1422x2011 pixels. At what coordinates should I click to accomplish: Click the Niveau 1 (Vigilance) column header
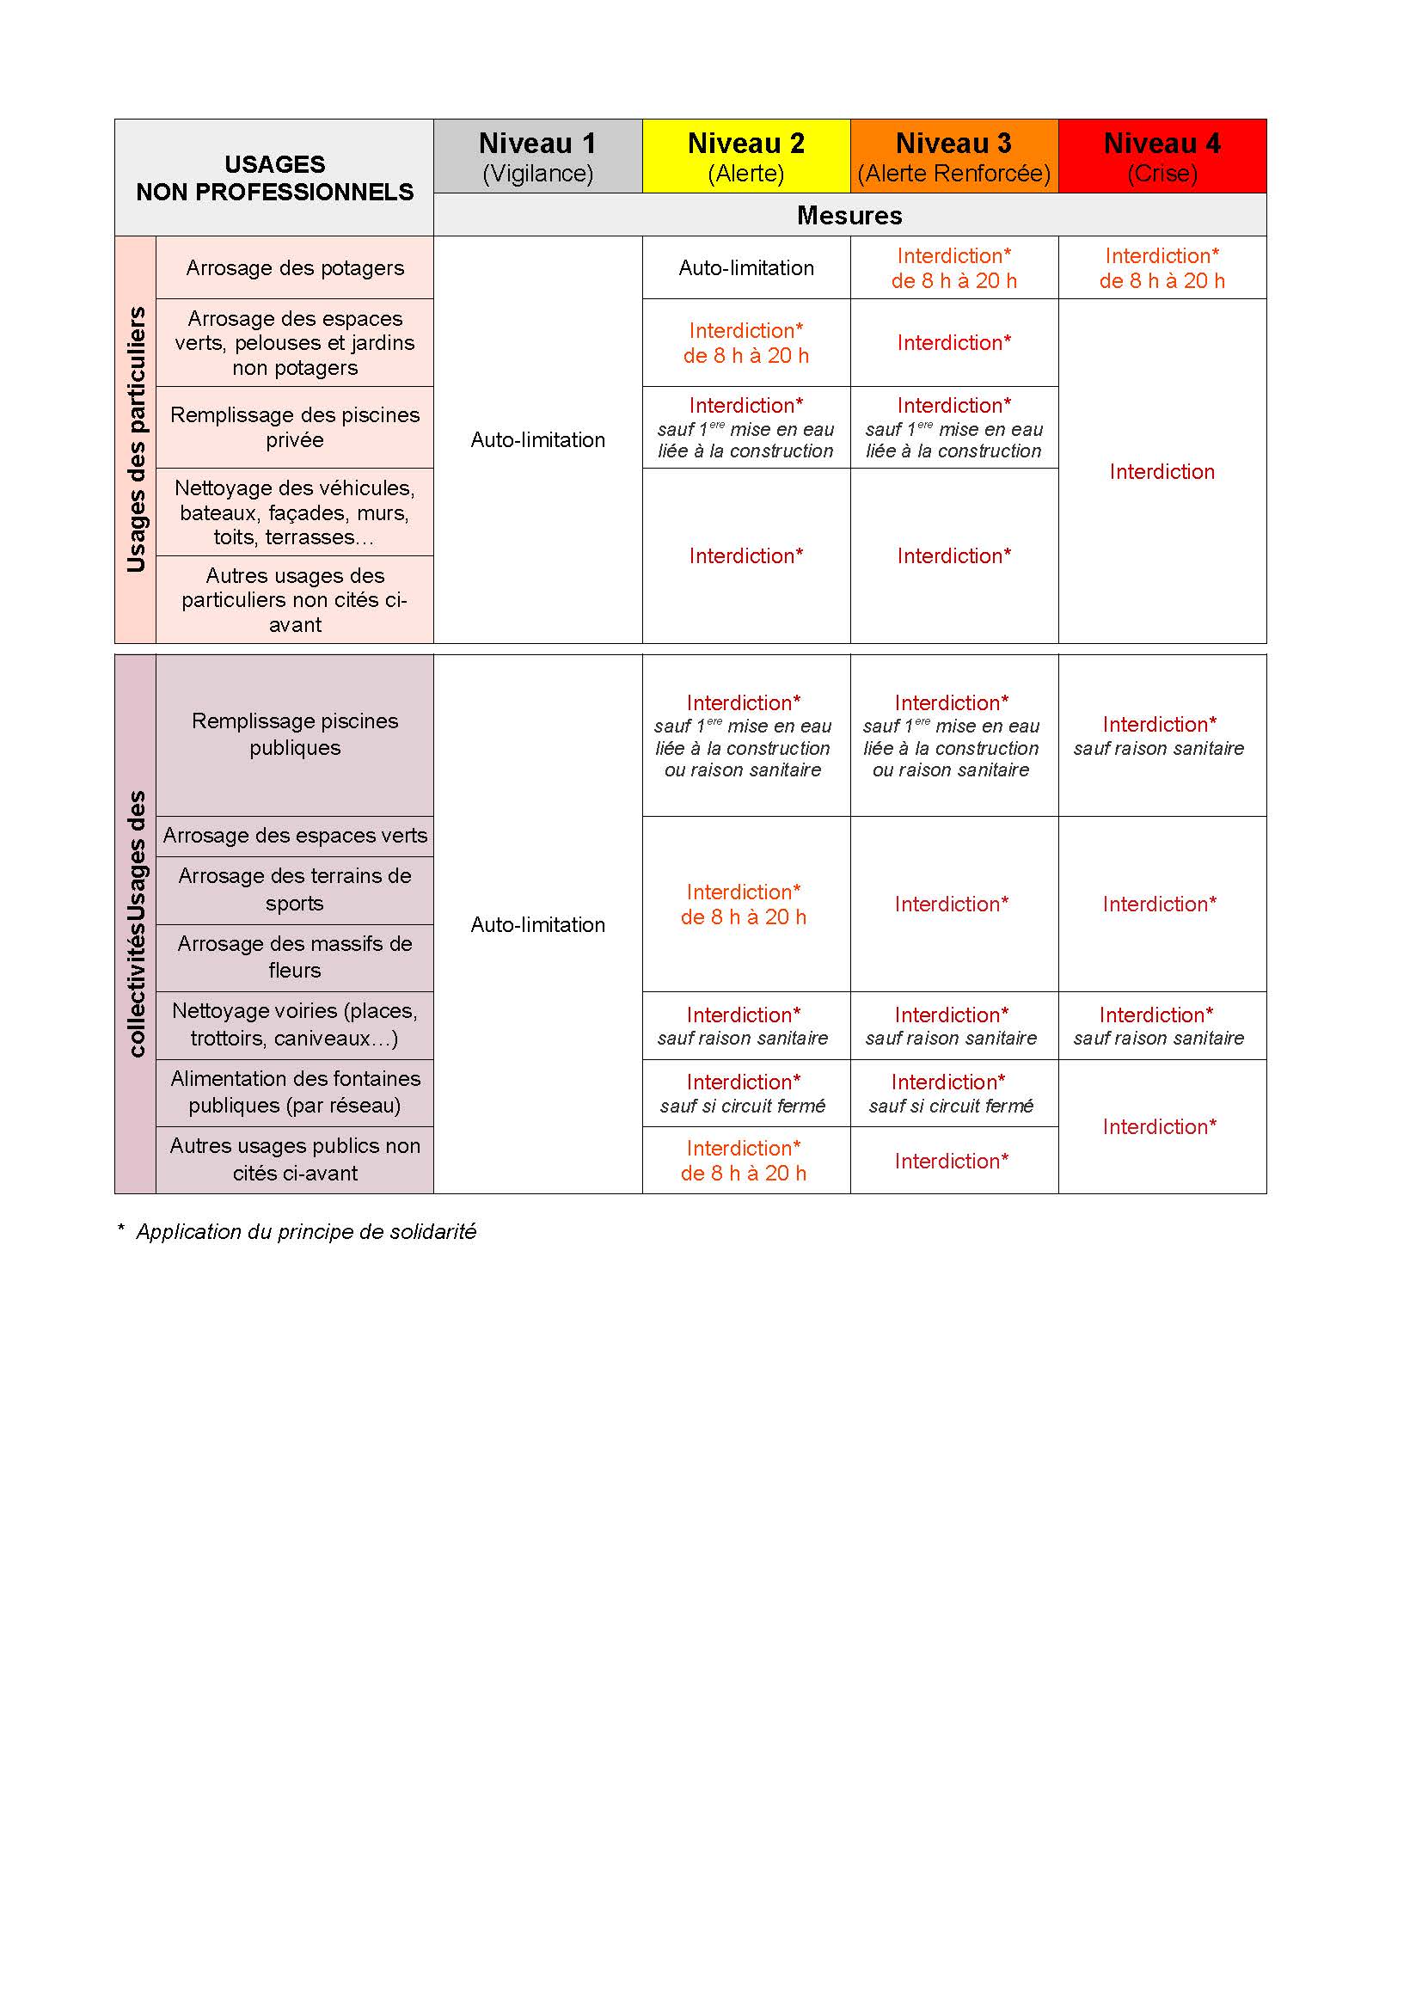536,156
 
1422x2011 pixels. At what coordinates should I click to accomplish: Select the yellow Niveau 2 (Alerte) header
746,156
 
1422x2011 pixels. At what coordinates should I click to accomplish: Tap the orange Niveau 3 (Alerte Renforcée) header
953,156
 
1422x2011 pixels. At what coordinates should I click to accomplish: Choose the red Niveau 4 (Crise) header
1162,156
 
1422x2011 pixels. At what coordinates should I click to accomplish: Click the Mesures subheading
849,216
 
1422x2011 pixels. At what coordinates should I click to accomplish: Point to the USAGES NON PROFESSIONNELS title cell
274,178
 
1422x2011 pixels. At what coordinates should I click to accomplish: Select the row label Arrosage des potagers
295,268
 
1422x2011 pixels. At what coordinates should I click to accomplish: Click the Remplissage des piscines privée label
295,427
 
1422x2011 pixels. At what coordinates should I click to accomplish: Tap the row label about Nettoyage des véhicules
295,512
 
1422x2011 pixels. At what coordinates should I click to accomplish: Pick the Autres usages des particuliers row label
295,600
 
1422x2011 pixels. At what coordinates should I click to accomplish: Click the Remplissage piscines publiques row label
295,734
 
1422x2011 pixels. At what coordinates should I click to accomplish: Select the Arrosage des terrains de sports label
295,889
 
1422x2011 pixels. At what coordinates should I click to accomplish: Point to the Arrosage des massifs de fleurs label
295,956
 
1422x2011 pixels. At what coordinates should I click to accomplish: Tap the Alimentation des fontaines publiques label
295,1091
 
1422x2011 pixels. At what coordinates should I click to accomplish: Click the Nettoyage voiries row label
295,1024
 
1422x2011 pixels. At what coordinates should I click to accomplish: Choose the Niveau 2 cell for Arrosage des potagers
746,268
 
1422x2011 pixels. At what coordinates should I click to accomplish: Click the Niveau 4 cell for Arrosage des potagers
1162,268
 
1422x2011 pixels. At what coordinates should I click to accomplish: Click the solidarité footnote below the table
297,1231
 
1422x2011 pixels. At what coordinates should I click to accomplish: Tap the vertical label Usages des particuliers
136,439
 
